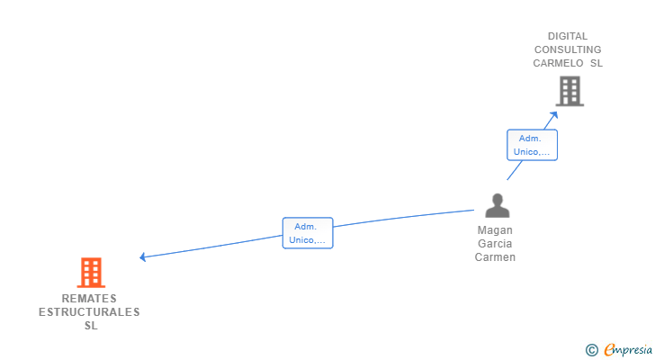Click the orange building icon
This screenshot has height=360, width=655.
(x=91, y=272)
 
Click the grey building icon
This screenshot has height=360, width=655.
(x=569, y=91)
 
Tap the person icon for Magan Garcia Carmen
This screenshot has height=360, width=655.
(x=497, y=206)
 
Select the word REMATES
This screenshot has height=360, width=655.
(x=89, y=299)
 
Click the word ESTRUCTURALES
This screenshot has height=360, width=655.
(x=89, y=312)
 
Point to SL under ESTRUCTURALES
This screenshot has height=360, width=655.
(x=90, y=326)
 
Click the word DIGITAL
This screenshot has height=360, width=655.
(x=568, y=37)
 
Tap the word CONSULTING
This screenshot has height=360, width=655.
(x=568, y=50)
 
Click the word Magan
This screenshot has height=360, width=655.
(x=496, y=230)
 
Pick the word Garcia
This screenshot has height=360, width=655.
(x=496, y=244)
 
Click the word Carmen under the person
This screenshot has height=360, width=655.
(x=496, y=257)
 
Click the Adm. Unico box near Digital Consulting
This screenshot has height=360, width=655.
(x=532, y=145)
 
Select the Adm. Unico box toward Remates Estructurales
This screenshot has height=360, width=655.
(x=307, y=233)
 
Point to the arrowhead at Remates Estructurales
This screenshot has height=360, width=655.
(x=143, y=257)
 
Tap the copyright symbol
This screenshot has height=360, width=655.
(x=591, y=350)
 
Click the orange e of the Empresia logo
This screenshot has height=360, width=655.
(x=609, y=350)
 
